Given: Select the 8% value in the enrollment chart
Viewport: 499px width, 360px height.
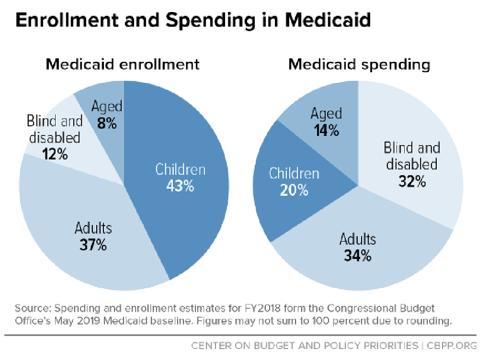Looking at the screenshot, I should [107, 124].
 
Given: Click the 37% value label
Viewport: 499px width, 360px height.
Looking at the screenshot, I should [93, 245].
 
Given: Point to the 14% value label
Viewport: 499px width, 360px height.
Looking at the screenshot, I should [326, 131].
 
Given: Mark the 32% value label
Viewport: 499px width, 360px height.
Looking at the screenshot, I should [411, 181].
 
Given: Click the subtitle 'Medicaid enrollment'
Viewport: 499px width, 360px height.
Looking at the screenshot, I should [122, 64].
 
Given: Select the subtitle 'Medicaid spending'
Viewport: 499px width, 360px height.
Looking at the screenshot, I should [359, 64].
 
